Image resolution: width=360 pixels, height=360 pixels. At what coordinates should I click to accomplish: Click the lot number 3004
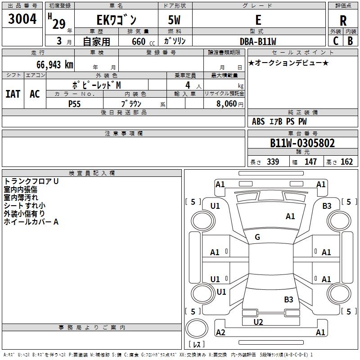tap(22, 18)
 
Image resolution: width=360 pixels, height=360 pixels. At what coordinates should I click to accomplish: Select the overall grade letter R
tap(343, 21)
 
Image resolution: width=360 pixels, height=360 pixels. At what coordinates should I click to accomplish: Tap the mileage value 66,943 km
tap(55, 65)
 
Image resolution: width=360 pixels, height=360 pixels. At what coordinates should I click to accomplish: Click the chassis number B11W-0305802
tap(302, 143)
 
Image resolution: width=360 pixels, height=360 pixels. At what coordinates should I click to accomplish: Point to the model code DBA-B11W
tap(258, 41)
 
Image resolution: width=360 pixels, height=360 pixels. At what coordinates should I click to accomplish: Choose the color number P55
tap(74, 104)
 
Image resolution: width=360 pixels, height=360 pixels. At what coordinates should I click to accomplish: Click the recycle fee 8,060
tap(226, 104)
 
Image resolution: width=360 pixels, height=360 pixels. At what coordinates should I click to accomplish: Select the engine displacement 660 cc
tap(143, 42)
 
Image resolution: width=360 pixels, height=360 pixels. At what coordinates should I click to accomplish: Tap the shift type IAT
tap(13, 94)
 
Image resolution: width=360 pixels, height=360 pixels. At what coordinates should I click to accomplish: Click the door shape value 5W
tap(174, 20)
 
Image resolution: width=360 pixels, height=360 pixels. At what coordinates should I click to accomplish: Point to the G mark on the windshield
tap(257, 237)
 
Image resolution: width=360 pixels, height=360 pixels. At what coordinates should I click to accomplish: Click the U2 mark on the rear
tap(258, 322)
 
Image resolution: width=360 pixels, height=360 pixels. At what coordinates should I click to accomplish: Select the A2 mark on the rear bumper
tap(220, 332)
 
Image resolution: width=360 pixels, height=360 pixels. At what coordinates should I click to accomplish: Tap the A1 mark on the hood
tap(290, 216)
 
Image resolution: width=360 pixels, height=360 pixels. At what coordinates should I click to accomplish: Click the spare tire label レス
tap(197, 344)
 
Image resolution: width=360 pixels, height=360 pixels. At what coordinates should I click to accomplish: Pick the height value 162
tap(346, 162)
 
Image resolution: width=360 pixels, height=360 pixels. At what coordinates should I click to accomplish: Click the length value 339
tap(273, 162)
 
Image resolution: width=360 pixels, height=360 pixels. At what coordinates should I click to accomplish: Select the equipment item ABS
tap(258, 121)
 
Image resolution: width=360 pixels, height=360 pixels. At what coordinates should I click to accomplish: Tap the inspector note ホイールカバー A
tap(31, 222)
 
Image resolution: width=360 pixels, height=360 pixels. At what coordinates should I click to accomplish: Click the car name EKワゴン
tap(117, 20)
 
